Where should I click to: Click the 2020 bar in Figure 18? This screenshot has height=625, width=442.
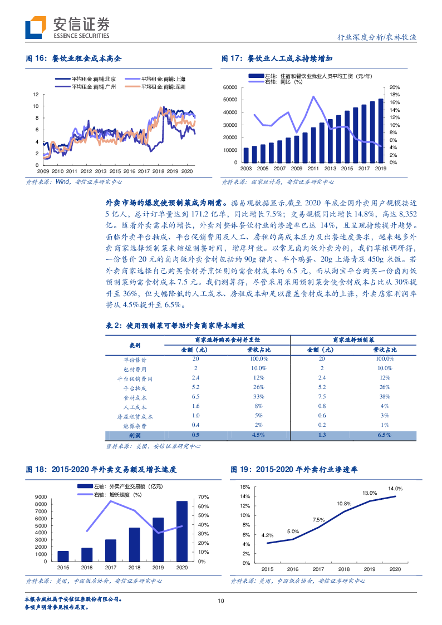click(x=182, y=532)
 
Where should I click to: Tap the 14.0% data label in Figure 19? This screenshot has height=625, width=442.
click(x=395, y=488)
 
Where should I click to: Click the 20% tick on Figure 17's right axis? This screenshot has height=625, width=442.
click(x=393, y=87)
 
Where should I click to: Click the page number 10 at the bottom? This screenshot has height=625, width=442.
click(x=220, y=601)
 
